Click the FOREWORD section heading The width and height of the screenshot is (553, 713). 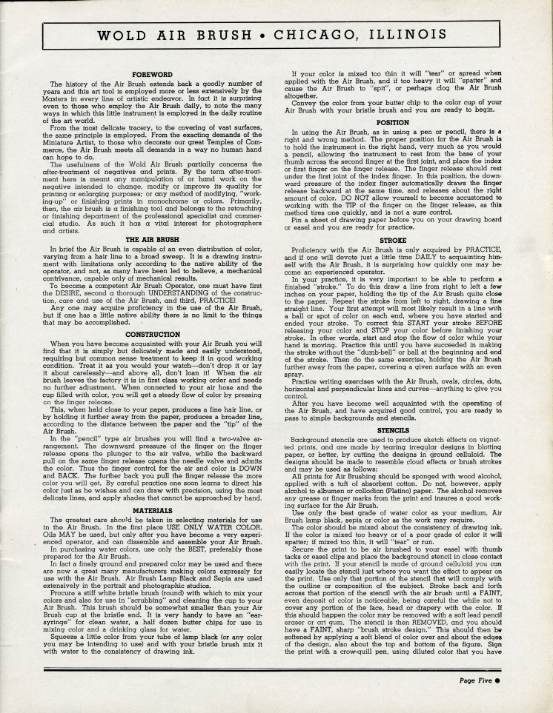pyautogui.click(x=152, y=75)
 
